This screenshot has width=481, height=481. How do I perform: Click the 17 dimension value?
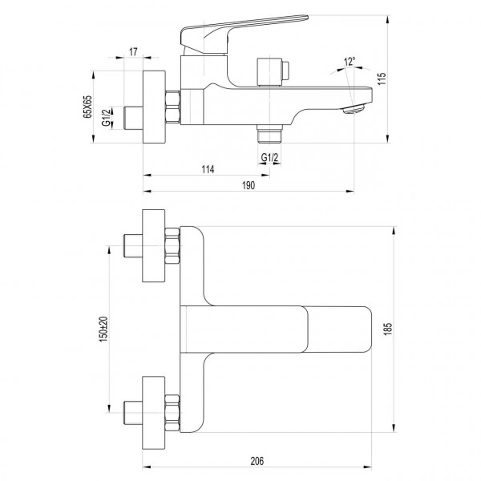tap(134, 54)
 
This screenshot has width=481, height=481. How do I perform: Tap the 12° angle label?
tap(349, 61)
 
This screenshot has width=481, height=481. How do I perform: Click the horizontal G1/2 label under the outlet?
tap(270, 158)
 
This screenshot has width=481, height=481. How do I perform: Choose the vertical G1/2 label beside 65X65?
tap(107, 120)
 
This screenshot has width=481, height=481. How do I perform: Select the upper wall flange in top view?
tap(153, 247)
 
